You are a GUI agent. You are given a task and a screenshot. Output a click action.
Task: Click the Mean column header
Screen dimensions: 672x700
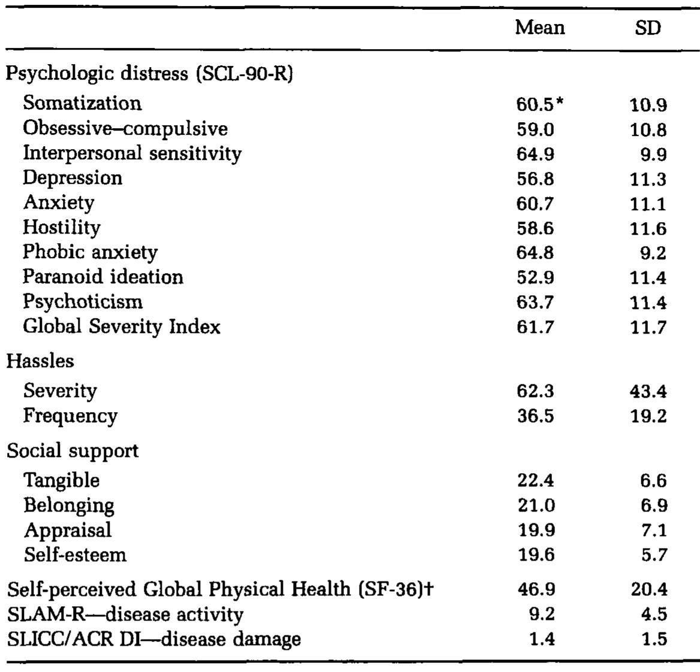point(539,28)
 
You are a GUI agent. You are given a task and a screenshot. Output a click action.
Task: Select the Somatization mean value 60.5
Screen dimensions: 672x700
point(535,105)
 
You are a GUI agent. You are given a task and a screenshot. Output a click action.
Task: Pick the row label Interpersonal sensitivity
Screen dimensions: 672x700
point(132,154)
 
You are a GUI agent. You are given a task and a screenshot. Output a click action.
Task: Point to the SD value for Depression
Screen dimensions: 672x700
point(648,179)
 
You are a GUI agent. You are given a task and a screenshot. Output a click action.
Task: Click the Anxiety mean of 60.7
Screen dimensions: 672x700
point(535,204)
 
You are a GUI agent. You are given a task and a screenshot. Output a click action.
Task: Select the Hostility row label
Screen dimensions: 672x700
point(62,228)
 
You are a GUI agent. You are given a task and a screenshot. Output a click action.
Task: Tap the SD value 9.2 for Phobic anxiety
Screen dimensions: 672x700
point(653,253)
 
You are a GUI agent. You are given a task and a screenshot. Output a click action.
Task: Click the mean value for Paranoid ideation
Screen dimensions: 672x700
point(535,278)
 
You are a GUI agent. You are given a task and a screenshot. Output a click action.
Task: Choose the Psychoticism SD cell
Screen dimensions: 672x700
point(648,302)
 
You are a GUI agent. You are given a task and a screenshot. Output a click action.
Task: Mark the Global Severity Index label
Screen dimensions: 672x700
point(122,327)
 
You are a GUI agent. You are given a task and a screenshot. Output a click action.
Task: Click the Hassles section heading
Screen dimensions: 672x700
point(41,361)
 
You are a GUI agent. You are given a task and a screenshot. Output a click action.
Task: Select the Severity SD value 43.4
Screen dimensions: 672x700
point(648,392)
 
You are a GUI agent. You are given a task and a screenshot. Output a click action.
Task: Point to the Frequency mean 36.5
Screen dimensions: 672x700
point(535,416)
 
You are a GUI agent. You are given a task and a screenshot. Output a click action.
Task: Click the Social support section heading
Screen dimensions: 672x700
point(73,451)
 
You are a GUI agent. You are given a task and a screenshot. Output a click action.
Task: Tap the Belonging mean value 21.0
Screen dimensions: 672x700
point(536,505)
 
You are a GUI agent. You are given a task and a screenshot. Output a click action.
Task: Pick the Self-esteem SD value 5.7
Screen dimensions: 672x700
point(653,555)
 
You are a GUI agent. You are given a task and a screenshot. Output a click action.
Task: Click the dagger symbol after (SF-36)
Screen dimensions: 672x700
point(429,589)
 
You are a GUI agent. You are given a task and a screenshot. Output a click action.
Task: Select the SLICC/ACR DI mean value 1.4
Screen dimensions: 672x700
point(542,640)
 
